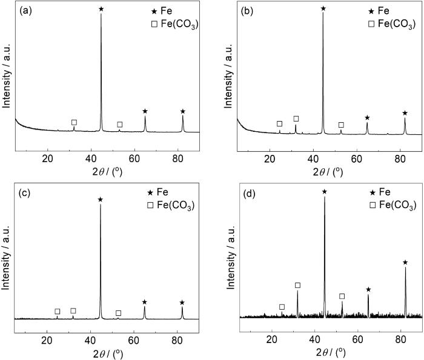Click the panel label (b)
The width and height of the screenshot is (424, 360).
pyautogui.click(x=248, y=10)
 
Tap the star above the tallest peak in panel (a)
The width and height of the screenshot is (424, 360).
pyautogui.click(x=101, y=9)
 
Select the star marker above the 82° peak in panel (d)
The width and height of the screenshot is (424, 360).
pyautogui.click(x=405, y=263)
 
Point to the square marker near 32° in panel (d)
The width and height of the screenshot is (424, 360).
pyautogui.click(x=297, y=285)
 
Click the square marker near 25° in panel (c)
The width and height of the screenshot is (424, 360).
pyautogui.click(x=58, y=312)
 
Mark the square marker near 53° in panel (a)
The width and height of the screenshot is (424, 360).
pyautogui.click(x=119, y=125)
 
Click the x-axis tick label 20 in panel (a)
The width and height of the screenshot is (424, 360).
pyautogui.click(x=48, y=159)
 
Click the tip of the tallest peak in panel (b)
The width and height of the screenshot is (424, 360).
pyautogui.click(x=323, y=13)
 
